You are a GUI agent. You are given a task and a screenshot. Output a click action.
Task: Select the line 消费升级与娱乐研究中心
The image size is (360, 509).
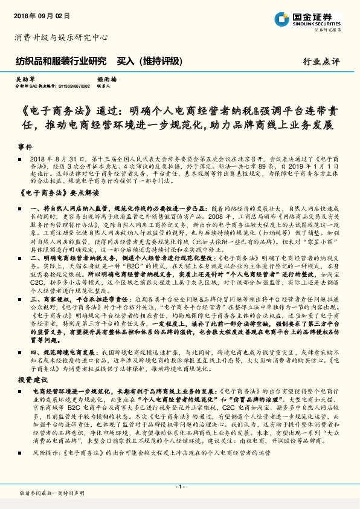point(61,38)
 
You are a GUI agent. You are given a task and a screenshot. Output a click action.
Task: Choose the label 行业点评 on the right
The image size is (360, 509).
point(322,62)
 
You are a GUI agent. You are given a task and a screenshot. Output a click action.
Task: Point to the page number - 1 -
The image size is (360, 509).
point(179,487)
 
